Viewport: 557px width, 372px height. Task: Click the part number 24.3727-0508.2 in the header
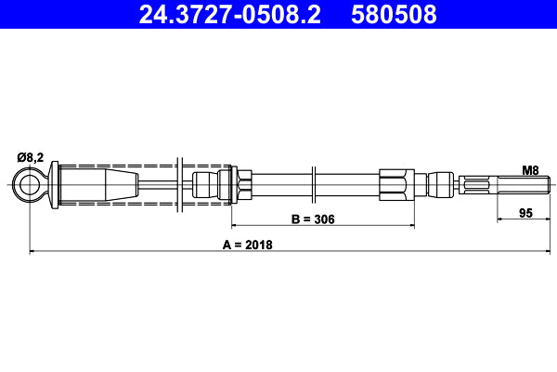pos(228,15)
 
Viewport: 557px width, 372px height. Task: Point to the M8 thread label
pos(530,170)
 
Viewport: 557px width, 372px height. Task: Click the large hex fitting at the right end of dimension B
pos(396,183)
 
